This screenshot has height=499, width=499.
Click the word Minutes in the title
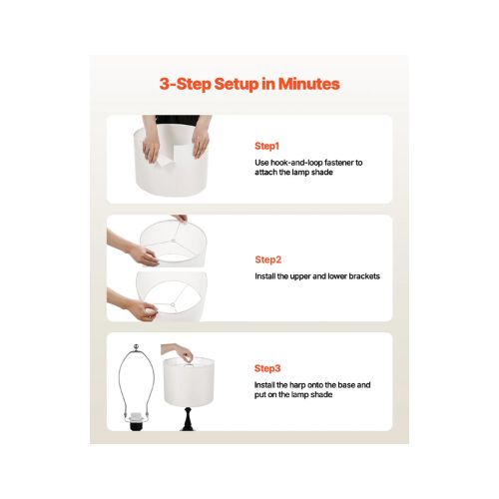tap(308, 84)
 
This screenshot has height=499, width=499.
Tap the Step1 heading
tap(266, 146)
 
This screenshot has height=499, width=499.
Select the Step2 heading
tap(268, 259)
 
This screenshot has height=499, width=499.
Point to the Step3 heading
tap(267, 368)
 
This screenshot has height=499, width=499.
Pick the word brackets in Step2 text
tap(364, 276)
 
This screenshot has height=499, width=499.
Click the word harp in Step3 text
tap(297, 385)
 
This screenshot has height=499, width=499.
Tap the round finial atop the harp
tap(136, 347)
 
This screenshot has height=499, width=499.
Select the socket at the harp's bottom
tap(135, 422)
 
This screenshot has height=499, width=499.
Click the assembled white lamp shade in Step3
tap(189, 382)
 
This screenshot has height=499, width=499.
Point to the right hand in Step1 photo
tap(201, 143)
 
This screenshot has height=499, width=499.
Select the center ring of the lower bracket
tap(173, 304)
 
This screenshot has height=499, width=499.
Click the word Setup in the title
tap(237, 84)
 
